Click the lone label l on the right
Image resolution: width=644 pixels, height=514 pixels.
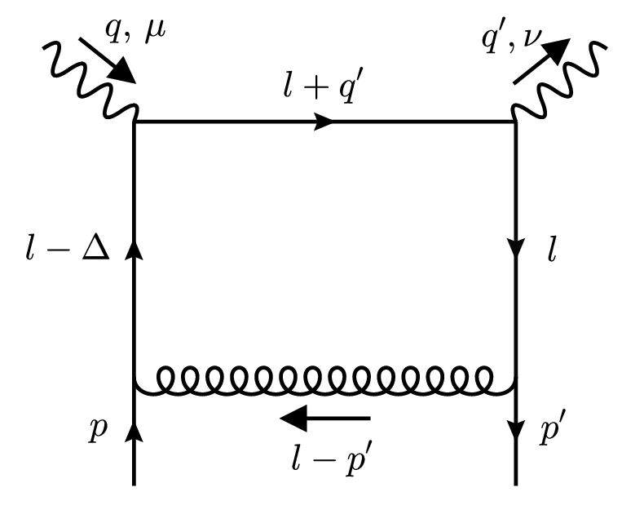tap(552, 250)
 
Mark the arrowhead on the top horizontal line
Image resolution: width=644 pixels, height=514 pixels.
tap(324, 122)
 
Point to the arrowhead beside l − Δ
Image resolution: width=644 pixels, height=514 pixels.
tap(133, 250)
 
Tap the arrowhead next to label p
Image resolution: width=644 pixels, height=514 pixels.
tap(133, 430)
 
